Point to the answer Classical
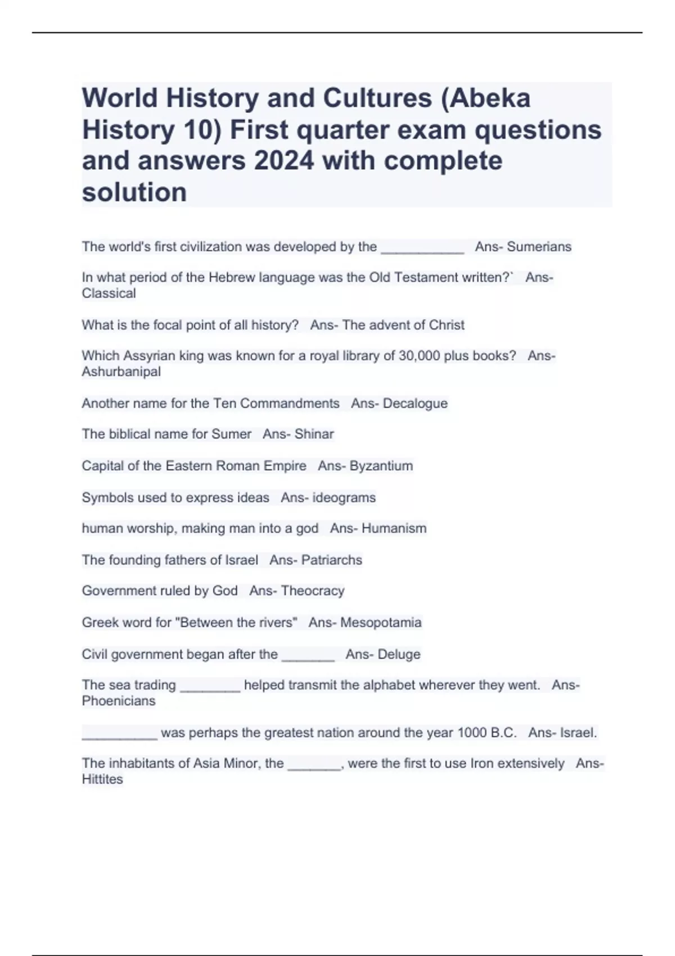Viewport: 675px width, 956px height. (x=109, y=294)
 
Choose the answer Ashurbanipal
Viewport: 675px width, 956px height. (x=121, y=372)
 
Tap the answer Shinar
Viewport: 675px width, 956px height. (x=314, y=434)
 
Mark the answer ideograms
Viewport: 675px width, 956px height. (x=344, y=498)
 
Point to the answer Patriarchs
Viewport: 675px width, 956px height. (x=331, y=560)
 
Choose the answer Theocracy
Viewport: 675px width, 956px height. (x=312, y=591)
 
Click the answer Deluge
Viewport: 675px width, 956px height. (x=399, y=655)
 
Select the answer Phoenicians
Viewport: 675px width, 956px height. (x=119, y=701)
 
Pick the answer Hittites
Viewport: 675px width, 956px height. (x=102, y=779)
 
